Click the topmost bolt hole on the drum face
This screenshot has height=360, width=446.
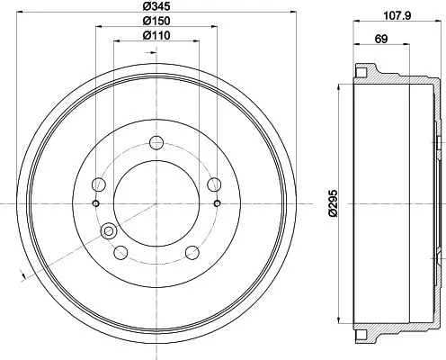pyautogui.click(x=157, y=141)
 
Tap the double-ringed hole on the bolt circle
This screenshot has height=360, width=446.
pyautogui.click(x=111, y=231)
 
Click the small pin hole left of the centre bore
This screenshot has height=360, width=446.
pyautogui.click(x=95, y=203)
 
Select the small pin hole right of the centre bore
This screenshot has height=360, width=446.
pyautogui.click(x=219, y=203)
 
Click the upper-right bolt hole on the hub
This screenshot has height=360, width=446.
pyautogui.click(x=214, y=184)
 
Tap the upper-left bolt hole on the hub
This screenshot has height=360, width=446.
pyautogui.click(x=101, y=184)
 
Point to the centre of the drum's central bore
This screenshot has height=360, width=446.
pyautogui.click(x=157, y=203)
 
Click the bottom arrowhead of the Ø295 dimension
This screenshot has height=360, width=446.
pyautogui.click(x=339, y=320)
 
